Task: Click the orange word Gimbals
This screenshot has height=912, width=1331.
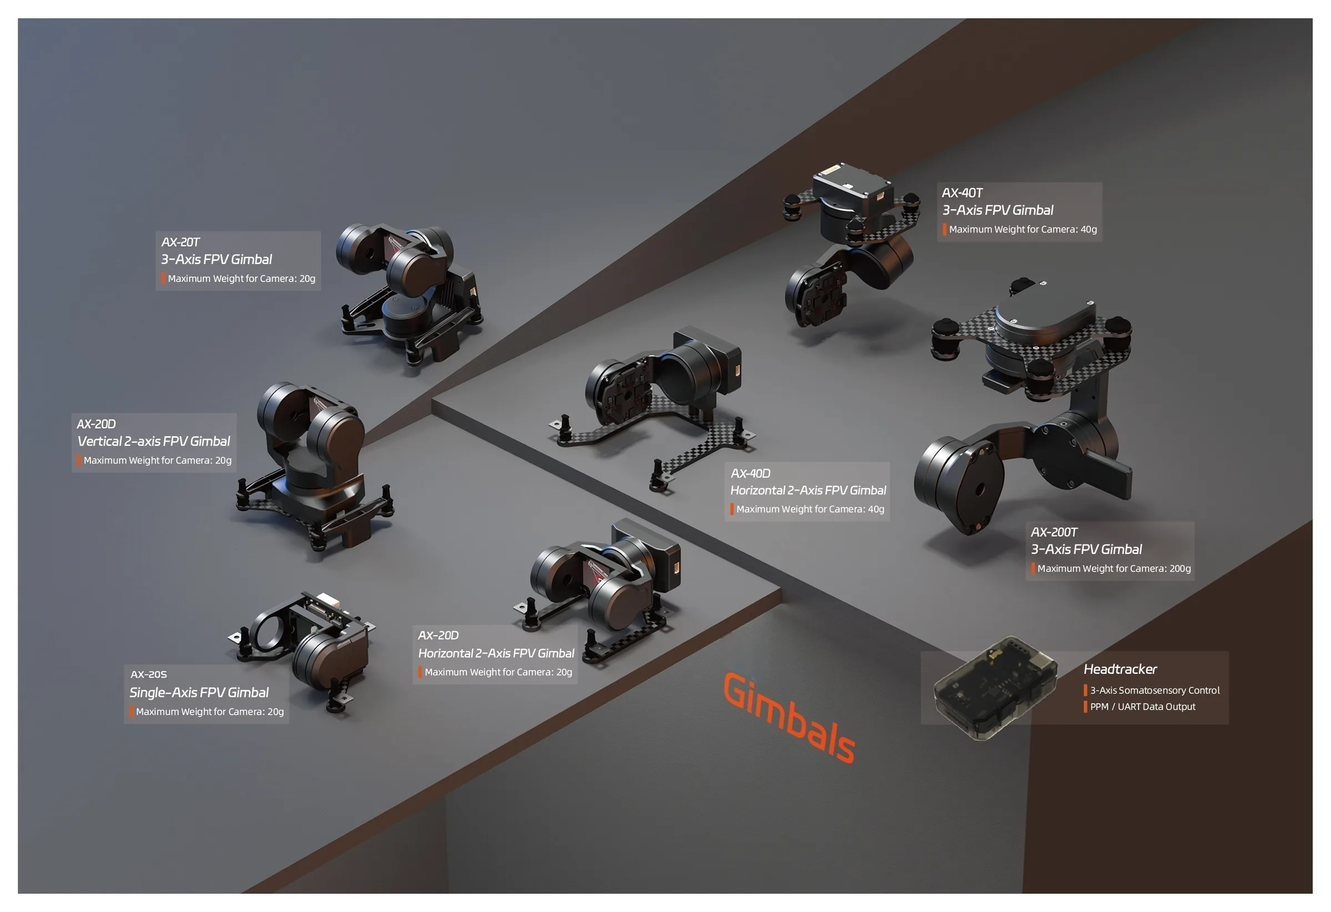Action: click(789, 718)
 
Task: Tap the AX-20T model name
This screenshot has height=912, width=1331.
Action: click(180, 242)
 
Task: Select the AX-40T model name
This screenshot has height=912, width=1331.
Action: click(962, 193)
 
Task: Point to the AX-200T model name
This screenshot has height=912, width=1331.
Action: click(1054, 532)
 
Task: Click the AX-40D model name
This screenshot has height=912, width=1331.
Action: click(750, 474)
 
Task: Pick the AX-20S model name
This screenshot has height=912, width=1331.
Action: click(149, 675)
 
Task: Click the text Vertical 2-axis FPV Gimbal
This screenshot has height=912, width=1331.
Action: click(154, 442)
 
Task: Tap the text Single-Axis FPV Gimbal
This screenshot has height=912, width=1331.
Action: click(199, 692)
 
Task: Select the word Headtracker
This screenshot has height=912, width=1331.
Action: click(1120, 669)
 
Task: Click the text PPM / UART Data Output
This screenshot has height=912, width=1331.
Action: click(1142, 707)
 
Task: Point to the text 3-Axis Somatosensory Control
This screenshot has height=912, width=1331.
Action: click(1155, 690)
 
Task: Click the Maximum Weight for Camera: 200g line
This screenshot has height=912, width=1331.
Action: click(1114, 569)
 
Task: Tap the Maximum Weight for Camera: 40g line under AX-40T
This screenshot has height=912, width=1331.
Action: click(1023, 230)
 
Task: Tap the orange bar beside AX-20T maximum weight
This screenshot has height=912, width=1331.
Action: click(163, 279)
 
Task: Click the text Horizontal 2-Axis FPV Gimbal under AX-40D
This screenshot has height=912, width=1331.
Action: click(808, 491)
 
